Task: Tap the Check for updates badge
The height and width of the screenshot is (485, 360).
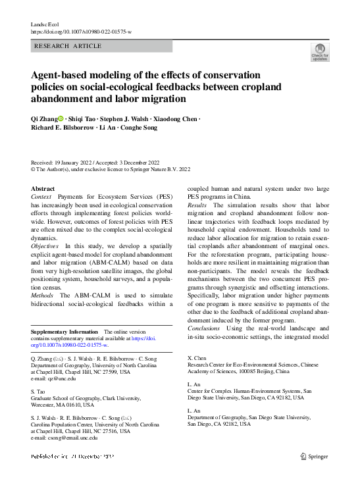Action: [x=321, y=51]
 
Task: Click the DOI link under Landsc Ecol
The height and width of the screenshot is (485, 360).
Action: [x=81, y=31]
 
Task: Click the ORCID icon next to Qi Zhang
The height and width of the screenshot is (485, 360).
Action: [x=61, y=119]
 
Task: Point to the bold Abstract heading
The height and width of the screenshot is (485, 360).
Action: [x=43, y=188]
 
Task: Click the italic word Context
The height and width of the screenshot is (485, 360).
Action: [x=43, y=197]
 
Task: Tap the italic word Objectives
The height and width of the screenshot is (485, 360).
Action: [x=47, y=245]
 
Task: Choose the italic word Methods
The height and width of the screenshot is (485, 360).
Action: [x=43, y=295]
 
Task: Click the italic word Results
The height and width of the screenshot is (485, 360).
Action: [x=198, y=205]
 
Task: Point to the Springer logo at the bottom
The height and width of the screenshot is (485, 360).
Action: [x=313, y=455]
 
